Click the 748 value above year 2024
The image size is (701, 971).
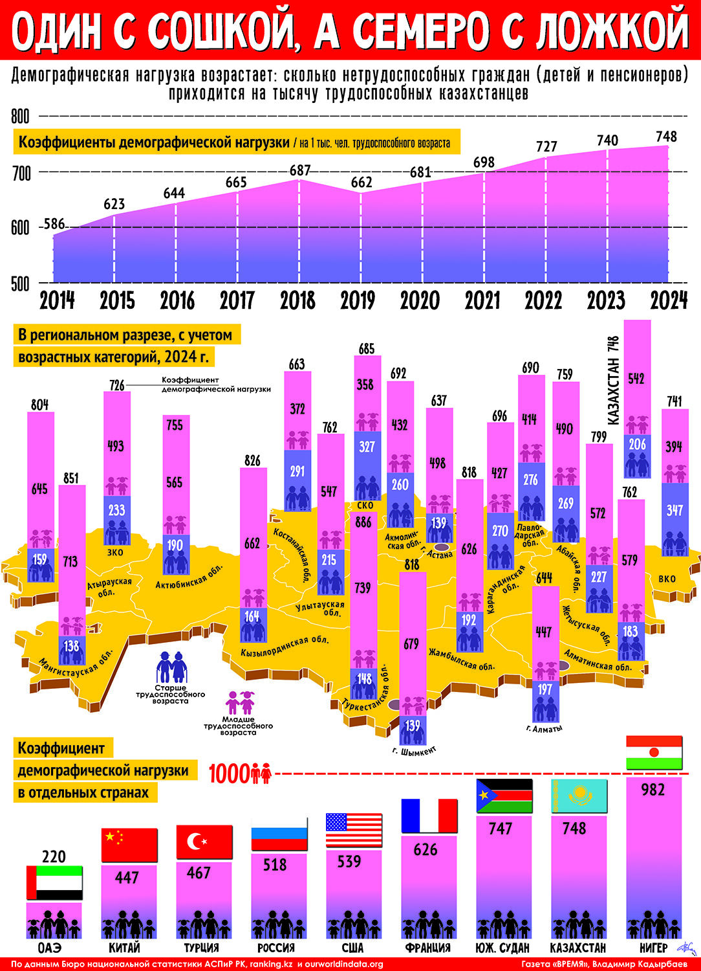coord(666,137)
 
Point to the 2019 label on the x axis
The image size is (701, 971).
coord(358,300)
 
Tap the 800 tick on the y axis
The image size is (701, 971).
coord(20,117)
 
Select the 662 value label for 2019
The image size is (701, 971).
coord(361,183)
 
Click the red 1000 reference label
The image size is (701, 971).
coord(241,774)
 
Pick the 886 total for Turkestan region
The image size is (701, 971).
coord(363,522)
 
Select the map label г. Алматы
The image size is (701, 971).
coord(545,729)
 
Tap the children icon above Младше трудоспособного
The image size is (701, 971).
coord(240,702)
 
